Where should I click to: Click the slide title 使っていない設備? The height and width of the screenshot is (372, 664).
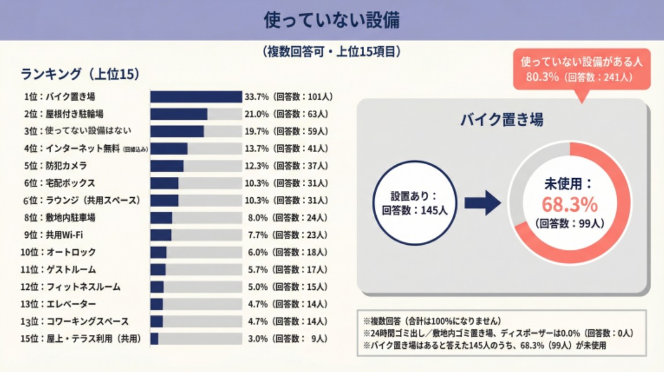(332, 20)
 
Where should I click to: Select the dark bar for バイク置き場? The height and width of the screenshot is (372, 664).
(196, 97)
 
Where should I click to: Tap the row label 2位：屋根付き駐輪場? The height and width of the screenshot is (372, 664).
(64, 114)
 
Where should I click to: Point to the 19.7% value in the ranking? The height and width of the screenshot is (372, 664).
(257, 131)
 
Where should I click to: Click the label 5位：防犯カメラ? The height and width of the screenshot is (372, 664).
(56, 166)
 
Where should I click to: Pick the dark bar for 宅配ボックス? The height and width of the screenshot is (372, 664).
(164, 183)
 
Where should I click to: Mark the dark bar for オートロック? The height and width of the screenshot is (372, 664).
(158, 252)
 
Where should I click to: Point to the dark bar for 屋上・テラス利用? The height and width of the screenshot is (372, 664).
(154, 338)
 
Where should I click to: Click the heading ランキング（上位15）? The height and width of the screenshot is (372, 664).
(80, 74)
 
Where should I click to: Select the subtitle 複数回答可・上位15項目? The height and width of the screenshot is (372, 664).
(332, 52)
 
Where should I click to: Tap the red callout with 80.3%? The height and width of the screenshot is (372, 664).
(581, 69)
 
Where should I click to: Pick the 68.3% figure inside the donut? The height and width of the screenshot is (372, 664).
(569, 204)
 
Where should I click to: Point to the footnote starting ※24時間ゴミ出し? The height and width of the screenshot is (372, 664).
(498, 333)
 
